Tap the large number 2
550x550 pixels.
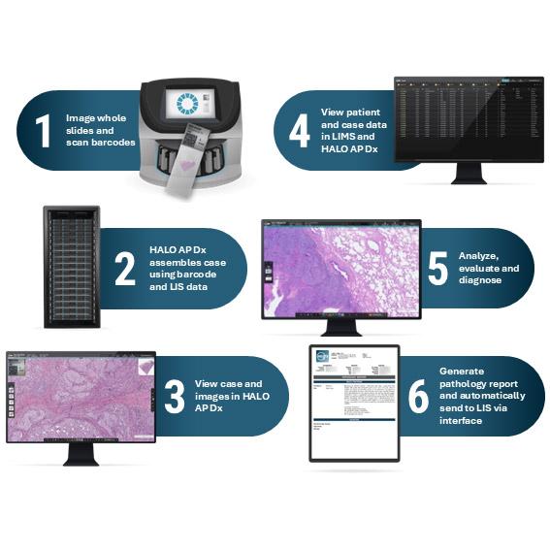(x=125, y=269)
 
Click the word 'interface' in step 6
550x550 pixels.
(x=466, y=421)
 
